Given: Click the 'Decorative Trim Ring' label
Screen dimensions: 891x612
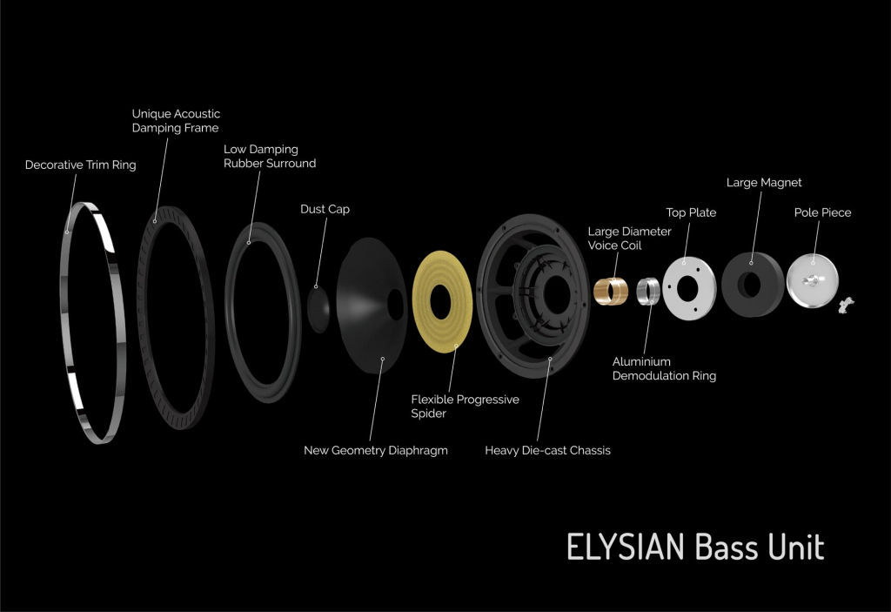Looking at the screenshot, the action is pyautogui.click(x=81, y=165).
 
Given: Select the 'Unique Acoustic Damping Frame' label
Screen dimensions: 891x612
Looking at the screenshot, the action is pyautogui.click(x=176, y=121).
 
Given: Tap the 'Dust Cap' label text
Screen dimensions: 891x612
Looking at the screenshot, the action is pyautogui.click(x=325, y=209).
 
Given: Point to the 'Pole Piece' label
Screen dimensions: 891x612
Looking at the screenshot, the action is pyautogui.click(x=823, y=212).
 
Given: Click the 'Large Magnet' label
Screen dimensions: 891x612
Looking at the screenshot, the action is pyautogui.click(x=764, y=183).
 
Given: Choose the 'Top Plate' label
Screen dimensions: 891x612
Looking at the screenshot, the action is pyautogui.click(x=691, y=212).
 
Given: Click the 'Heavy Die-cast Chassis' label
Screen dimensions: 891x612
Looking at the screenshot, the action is pyautogui.click(x=548, y=450).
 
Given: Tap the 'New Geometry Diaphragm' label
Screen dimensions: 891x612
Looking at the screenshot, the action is pyautogui.click(x=376, y=450).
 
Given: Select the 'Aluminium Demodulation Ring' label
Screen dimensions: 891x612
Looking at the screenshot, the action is pyautogui.click(x=664, y=368).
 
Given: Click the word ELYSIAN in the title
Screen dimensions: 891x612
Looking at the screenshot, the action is pyautogui.click(x=626, y=548).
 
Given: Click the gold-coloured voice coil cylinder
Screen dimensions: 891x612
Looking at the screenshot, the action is pyautogui.click(x=611, y=291).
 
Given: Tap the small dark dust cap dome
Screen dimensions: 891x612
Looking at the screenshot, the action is pyautogui.click(x=318, y=309).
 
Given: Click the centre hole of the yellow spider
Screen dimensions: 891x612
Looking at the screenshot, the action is pyautogui.click(x=440, y=302).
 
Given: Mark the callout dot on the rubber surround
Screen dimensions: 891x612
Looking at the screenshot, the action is pyautogui.click(x=249, y=243).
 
